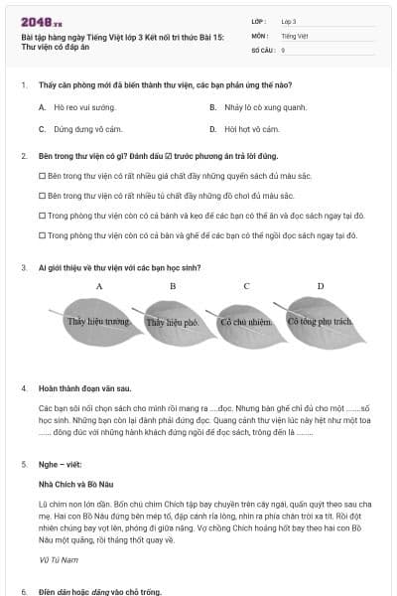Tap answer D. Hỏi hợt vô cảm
pyautogui.click(x=244, y=129)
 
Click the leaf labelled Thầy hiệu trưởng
pyautogui.click(x=97, y=322)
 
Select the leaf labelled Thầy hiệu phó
pyautogui.click(x=173, y=322)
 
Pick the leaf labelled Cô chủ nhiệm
pyautogui.click(x=245, y=322)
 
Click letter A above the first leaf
pyautogui.click(x=100, y=286)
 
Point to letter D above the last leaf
pyautogui.click(x=320, y=286)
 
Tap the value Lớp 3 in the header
pyautogui.click(x=289, y=20)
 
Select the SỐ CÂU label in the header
pyautogui.click(x=262, y=49)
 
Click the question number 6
pyautogui.click(x=23, y=591)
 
